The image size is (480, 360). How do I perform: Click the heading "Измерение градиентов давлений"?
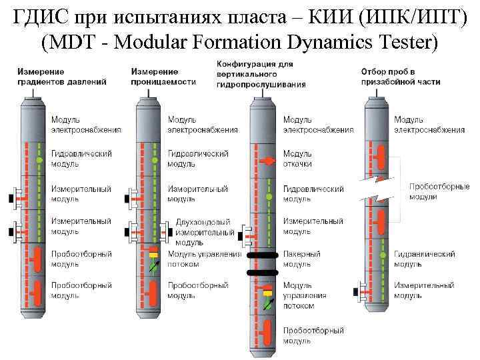coord(62,77)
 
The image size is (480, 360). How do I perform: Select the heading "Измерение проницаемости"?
coord(163,77)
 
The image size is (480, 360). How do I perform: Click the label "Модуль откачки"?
coord(297,158)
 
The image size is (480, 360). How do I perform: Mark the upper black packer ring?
coord(268,255)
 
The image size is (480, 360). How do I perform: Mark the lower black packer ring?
coord(268,272)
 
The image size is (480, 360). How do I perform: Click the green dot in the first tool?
coord(39,161)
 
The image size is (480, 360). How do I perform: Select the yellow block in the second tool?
coord(154,255)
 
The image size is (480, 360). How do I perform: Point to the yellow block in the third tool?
coord(268,291)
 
